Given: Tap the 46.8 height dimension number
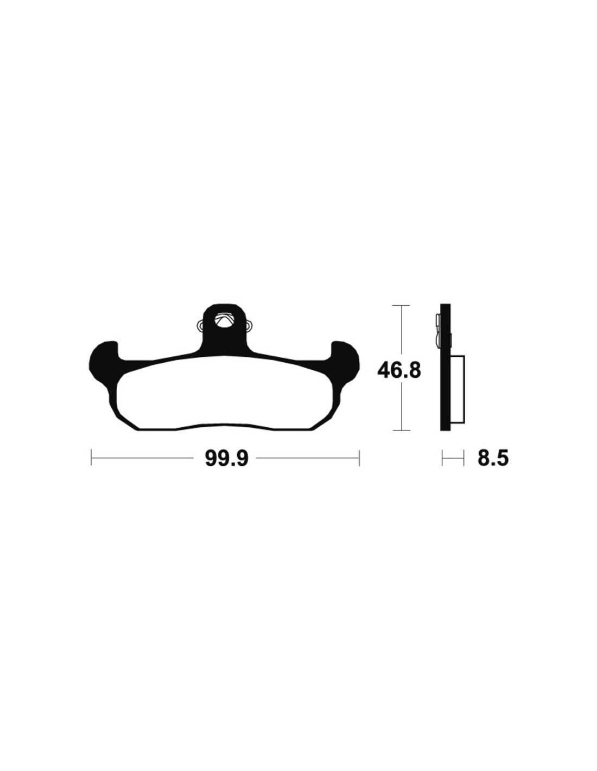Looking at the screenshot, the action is [399, 371].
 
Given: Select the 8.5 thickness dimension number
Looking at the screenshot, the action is [493, 458].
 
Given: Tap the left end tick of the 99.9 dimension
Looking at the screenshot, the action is [92, 458].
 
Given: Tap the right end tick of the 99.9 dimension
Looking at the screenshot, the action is [359, 458].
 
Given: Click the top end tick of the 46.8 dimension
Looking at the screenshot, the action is [401, 305].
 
